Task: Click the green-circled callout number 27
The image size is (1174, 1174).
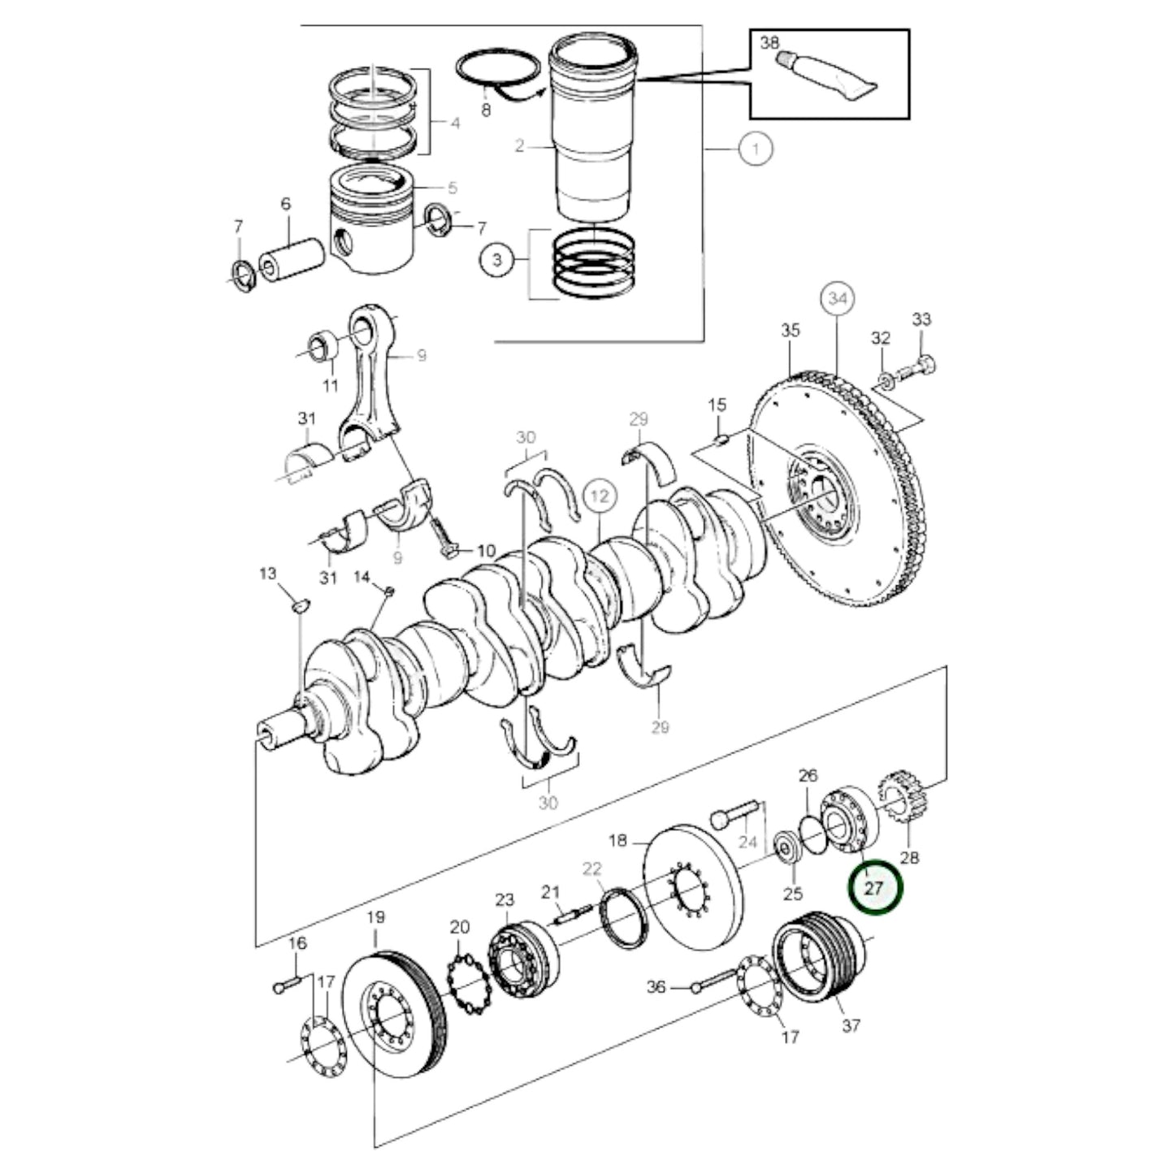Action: pyautogui.click(x=873, y=888)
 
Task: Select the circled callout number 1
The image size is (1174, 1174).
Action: pyautogui.click(x=756, y=149)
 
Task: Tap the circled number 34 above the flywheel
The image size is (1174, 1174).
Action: pyautogui.click(x=838, y=300)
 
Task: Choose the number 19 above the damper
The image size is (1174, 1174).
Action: pyautogui.click(x=375, y=918)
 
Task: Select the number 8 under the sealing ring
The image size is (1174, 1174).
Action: pyautogui.click(x=486, y=110)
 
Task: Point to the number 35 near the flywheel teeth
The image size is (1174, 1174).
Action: pyautogui.click(x=790, y=330)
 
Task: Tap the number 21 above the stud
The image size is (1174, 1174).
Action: pyautogui.click(x=552, y=893)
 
